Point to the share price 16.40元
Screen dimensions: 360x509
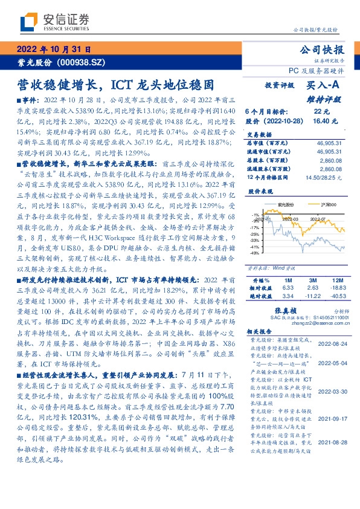321,120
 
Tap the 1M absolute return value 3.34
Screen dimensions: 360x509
287,296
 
